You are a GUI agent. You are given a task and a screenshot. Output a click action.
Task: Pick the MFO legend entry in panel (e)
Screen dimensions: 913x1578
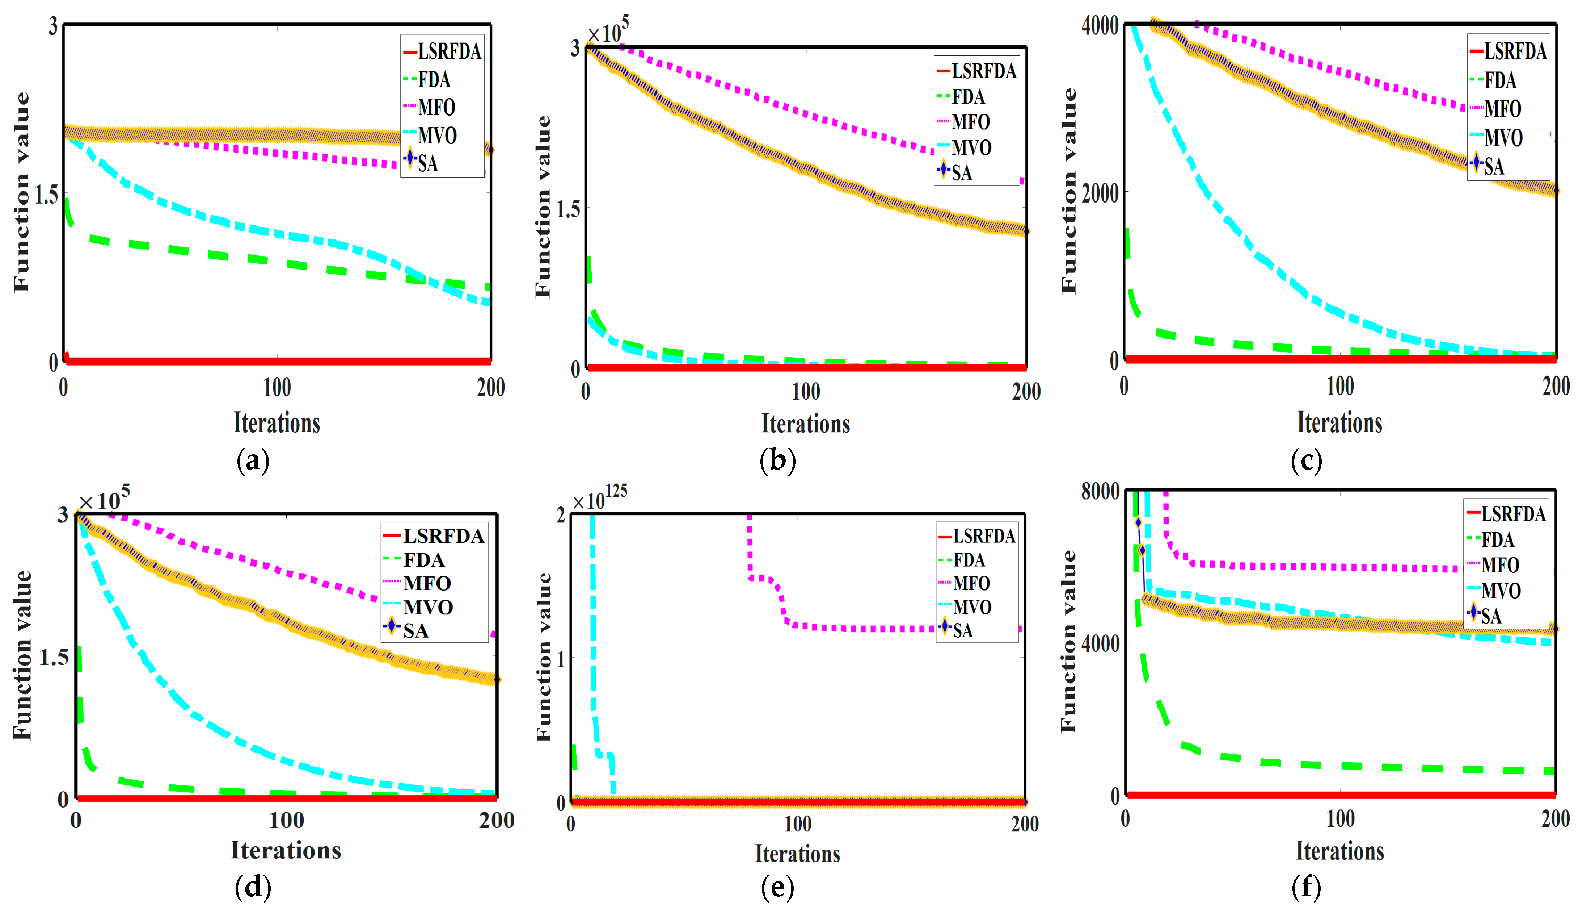[971, 583]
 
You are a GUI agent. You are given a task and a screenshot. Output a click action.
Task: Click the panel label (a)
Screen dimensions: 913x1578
[253, 461]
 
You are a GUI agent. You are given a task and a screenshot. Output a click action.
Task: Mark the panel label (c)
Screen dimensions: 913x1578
[1306, 461]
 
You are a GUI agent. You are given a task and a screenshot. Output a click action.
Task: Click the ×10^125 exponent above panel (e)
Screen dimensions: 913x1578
[599, 497]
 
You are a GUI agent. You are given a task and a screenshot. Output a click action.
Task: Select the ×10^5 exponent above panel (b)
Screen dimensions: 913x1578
[607, 31]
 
